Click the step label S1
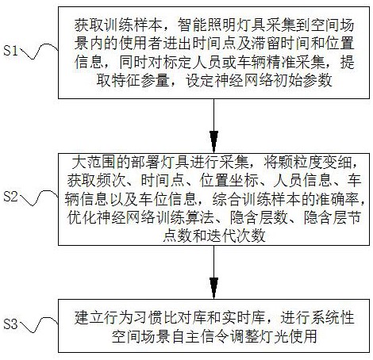coord(11,50)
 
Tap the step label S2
coord(11,197)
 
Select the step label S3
coord(11,324)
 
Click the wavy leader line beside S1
coord(39,51)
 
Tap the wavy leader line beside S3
coord(39,324)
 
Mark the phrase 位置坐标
coord(229,181)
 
